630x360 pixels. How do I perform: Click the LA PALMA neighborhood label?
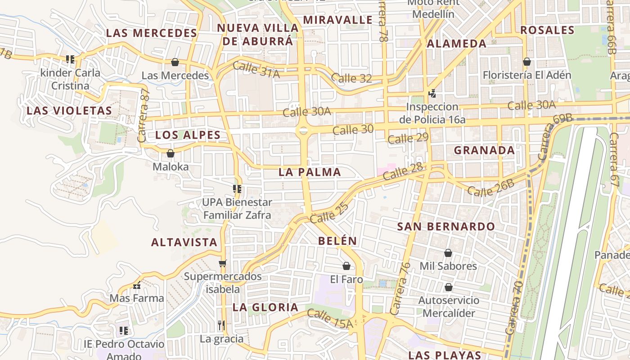click(x=310, y=172)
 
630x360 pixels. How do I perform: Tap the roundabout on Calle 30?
click(x=303, y=130)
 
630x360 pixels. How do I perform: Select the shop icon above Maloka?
click(x=171, y=153)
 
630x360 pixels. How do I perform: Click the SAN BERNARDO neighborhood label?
click(x=446, y=226)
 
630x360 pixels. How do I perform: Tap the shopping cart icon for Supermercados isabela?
click(x=222, y=263)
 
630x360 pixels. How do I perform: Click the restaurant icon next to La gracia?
click(x=221, y=325)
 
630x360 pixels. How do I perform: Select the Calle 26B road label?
click(x=490, y=188)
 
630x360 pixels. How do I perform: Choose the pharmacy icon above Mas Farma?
click(x=137, y=285)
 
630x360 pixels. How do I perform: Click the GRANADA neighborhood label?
click(x=484, y=150)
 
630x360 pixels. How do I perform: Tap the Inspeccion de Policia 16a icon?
click(x=432, y=94)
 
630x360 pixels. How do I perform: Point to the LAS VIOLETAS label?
click(x=69, y=111)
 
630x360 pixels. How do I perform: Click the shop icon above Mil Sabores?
click(x=448, y=253)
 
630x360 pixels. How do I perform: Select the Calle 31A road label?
click(x=256, y=70)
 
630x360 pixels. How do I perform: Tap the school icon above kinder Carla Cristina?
click(x=70, y=59)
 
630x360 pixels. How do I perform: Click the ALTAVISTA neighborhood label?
click(x=184, y=242)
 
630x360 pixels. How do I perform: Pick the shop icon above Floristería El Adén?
click(x=527, y=62)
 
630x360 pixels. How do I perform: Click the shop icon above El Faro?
click(x=346, y=266)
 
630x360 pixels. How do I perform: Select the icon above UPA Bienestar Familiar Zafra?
click(x=237, y=189)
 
